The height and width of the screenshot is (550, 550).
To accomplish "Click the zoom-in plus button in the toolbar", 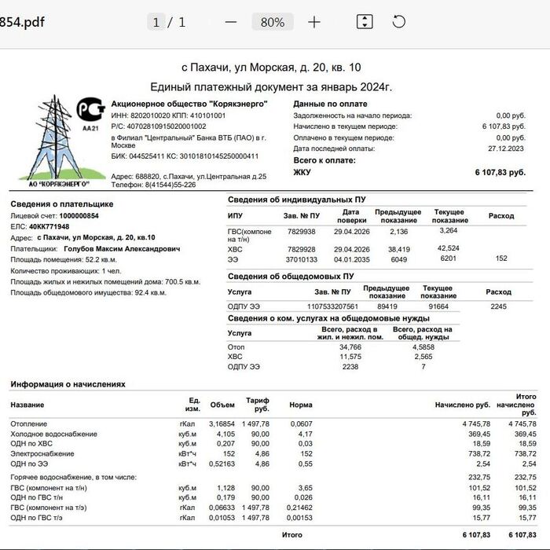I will pyautogui.click(x=314, y=22).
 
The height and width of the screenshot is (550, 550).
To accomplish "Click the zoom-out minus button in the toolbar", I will pyautogui.click(x=231, y=22).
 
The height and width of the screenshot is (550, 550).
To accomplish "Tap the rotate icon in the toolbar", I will pyautogui.click(x=399, y=22).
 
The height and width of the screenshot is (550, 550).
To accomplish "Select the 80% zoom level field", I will pyautogui.click(x=273, y=22).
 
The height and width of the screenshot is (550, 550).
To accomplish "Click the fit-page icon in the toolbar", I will pyautogui.click(x=365, y=22).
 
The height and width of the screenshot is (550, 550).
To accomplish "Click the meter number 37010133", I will pyautogui.click(x=301, y=258).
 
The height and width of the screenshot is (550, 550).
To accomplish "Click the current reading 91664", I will pyautogui.click(x=438, y=306).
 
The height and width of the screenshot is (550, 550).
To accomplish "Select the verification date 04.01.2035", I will pyautogui.click(x=350, y=258).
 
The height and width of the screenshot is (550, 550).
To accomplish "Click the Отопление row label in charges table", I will pyautogui.click(x=28, y=423).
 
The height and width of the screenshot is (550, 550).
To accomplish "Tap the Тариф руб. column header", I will pyautogui.click(x=258, y=405).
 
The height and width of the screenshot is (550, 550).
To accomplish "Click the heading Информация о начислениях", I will pyautogui.click(x=68, y=384).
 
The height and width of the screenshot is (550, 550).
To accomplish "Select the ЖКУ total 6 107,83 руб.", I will pyautogui.click(x=500, y=171).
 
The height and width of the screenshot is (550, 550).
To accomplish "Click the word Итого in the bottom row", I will pyautogui.click(x=291, y=534).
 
